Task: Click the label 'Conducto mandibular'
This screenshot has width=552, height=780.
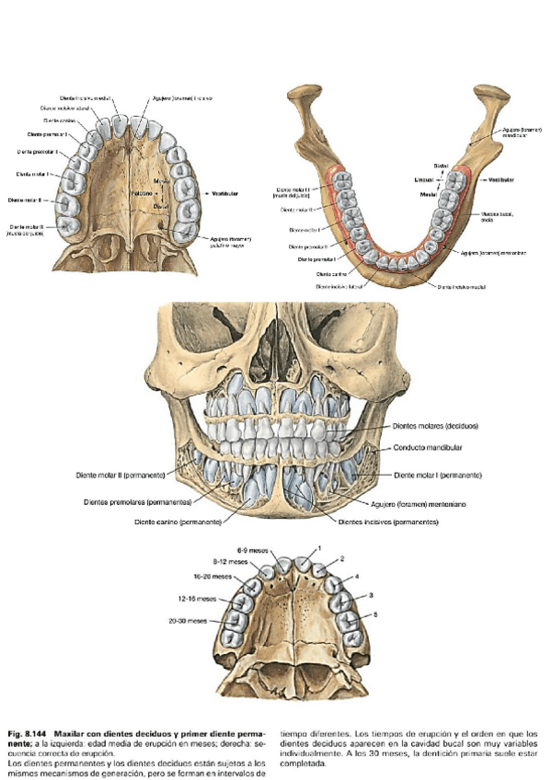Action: click(427, 447)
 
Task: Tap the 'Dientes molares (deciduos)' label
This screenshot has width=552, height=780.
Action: click(435, 427)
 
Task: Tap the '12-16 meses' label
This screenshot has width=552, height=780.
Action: click(197, 597)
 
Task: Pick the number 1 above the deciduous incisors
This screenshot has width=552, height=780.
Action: click(319, 547)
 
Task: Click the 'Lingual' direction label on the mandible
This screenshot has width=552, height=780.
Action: click(423, 179)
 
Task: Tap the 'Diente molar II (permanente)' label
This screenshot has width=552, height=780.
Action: click(121, 476)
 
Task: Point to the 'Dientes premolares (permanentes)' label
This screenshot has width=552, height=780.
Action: click(137, 502)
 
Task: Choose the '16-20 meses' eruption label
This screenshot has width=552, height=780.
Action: click(214, 576)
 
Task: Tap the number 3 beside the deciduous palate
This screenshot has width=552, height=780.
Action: click(370, 595)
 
